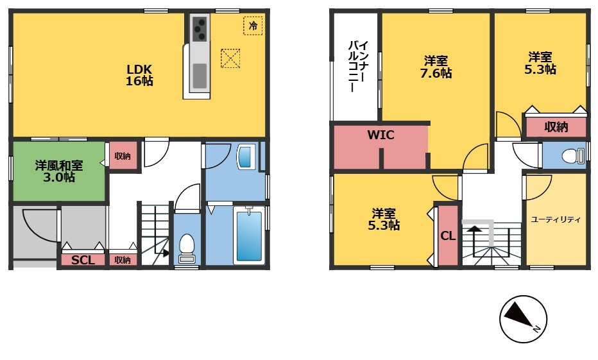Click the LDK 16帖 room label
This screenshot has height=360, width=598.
tap(139, 75)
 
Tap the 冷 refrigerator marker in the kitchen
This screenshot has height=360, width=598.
tap(253, 26)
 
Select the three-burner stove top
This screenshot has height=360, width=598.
tap(200, 28)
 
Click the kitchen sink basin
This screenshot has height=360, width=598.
tap(200, 76)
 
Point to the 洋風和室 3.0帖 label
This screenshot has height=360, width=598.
tap(59, 171)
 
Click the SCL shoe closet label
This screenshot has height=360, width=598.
tap(83, 260)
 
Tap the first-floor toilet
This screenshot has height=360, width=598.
tap(187, 248)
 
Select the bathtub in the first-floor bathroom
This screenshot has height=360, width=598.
tap(249, 236)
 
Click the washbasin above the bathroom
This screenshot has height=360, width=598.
tap(244, 156)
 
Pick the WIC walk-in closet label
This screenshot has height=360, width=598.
tap(380, 135)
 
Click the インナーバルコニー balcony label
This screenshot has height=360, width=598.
tap(359, 66)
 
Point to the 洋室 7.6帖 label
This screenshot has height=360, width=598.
tap(436, 67)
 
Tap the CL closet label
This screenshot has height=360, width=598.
tap(448, 236)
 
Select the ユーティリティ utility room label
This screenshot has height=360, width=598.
tap(556, 219)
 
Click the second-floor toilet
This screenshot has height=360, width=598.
tap(572, 155)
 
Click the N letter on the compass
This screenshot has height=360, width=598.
tap(536, 329)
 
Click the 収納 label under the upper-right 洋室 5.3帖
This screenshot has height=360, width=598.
tap(556, 127)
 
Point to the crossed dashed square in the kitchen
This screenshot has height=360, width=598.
tap(230, 58)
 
